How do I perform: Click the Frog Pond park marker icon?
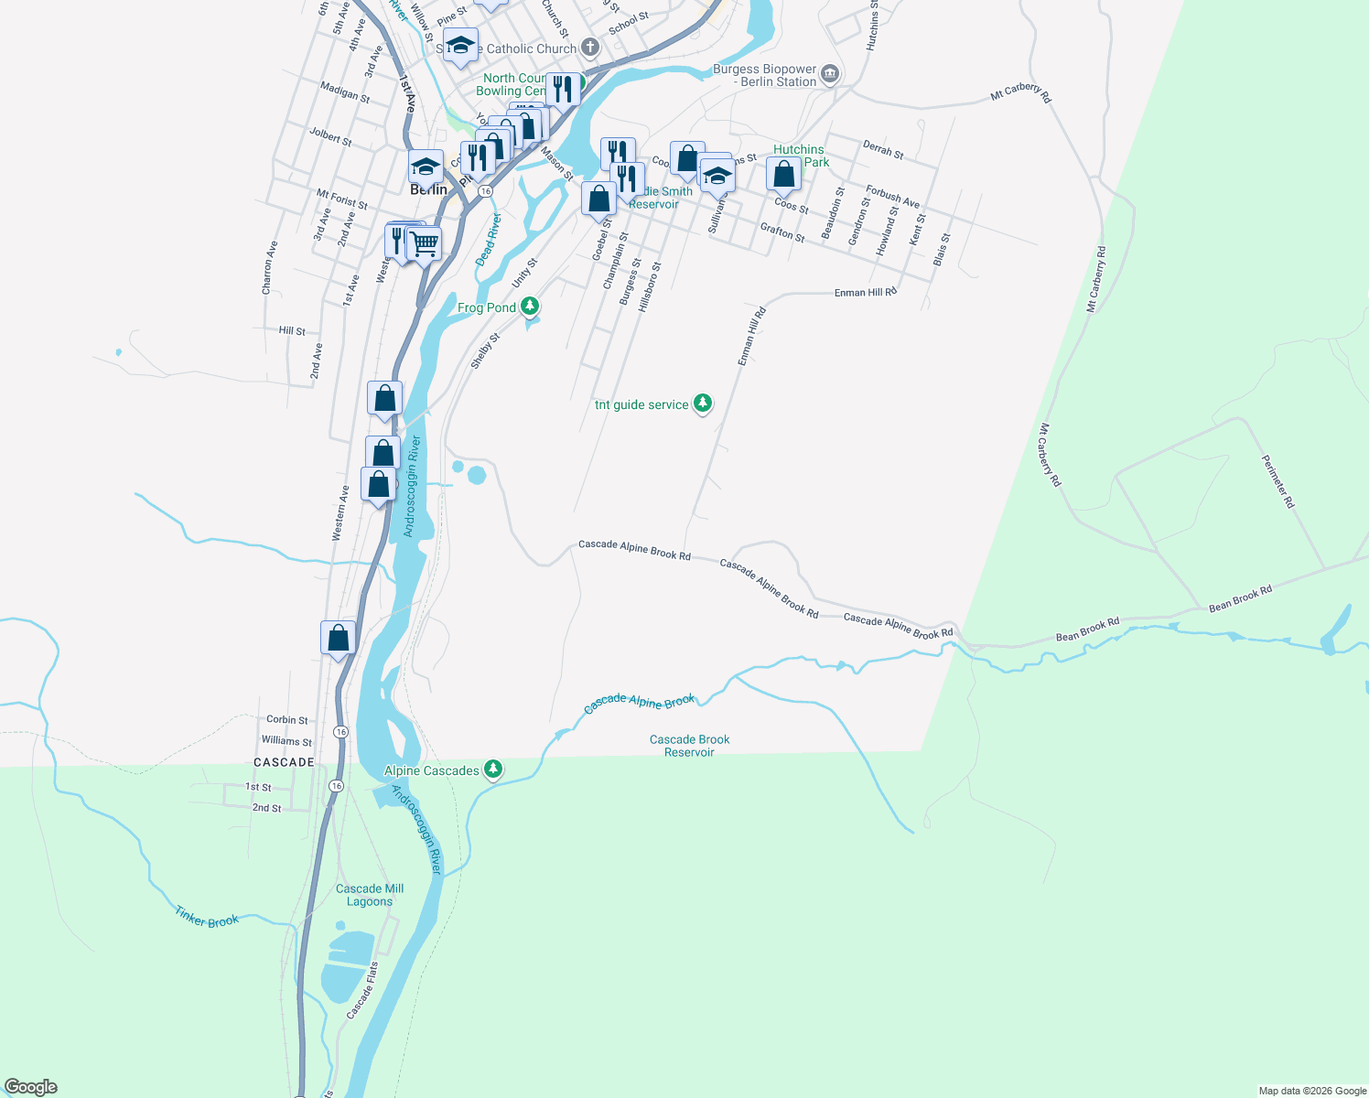click(530, 307)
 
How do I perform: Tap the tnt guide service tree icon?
click(703, 404)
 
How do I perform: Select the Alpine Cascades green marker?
click(493, 770)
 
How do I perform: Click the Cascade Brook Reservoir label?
click(689, 746)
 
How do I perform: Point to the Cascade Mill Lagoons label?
click(370, 895)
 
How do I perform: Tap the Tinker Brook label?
click(207, 917)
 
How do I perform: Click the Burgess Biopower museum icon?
click(830, 74)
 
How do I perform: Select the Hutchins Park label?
click(801, 156)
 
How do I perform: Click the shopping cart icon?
click(424, 243)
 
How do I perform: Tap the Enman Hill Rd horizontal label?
click(865, 293)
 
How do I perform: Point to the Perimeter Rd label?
click(1278, 481)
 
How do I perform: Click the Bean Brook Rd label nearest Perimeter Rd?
click(1240, 599)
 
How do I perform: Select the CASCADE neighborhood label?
click(284, 762)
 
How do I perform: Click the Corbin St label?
click(286, 720)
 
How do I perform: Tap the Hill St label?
click(292, 331)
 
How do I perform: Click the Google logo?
click(31, 1087)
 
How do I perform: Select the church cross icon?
click(590, 48)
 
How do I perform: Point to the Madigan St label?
click(345, 91)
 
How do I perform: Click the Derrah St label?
click(883, 149)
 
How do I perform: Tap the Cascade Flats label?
click(362, 990)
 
